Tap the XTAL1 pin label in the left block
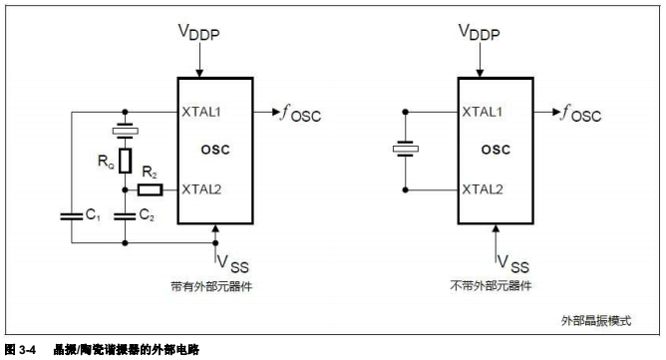pos(202,111)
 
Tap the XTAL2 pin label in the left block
pos(202,188)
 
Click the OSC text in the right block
pos(496,150)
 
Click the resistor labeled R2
pos(149,188)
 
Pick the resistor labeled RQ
pos(126,161)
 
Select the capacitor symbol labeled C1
pos(74,214)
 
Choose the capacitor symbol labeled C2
pos(126,214)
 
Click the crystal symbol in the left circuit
pos(126,130)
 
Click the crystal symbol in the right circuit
pos(406,150)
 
